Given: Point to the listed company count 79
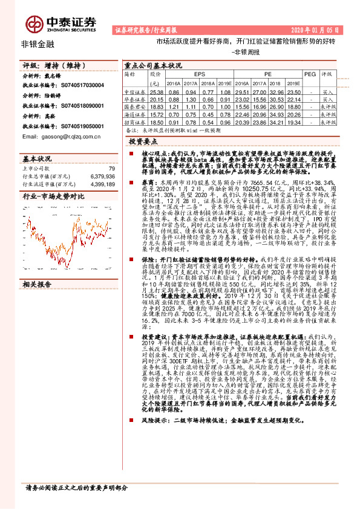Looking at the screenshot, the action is (111, 169).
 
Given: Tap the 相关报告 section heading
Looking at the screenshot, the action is (36, 265).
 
